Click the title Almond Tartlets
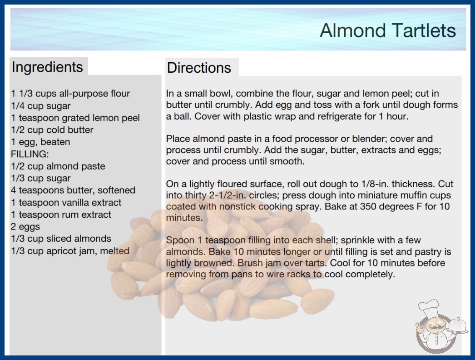pos(388,30)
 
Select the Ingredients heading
pos(47,67)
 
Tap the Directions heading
pos(199,68)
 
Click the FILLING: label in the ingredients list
pos(30,154)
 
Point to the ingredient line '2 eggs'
pos(25,226)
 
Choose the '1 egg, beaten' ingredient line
pos(40,142)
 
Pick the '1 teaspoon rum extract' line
pos(61,215)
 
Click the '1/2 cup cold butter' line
pos(52,130)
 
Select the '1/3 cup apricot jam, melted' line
pos(70,251)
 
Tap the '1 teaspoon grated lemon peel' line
pos(75,118)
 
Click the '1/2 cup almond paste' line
pos(58,166)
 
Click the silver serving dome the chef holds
pos(458,325)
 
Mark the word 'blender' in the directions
pos(367,139)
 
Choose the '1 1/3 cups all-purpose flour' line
pos(70,94)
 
